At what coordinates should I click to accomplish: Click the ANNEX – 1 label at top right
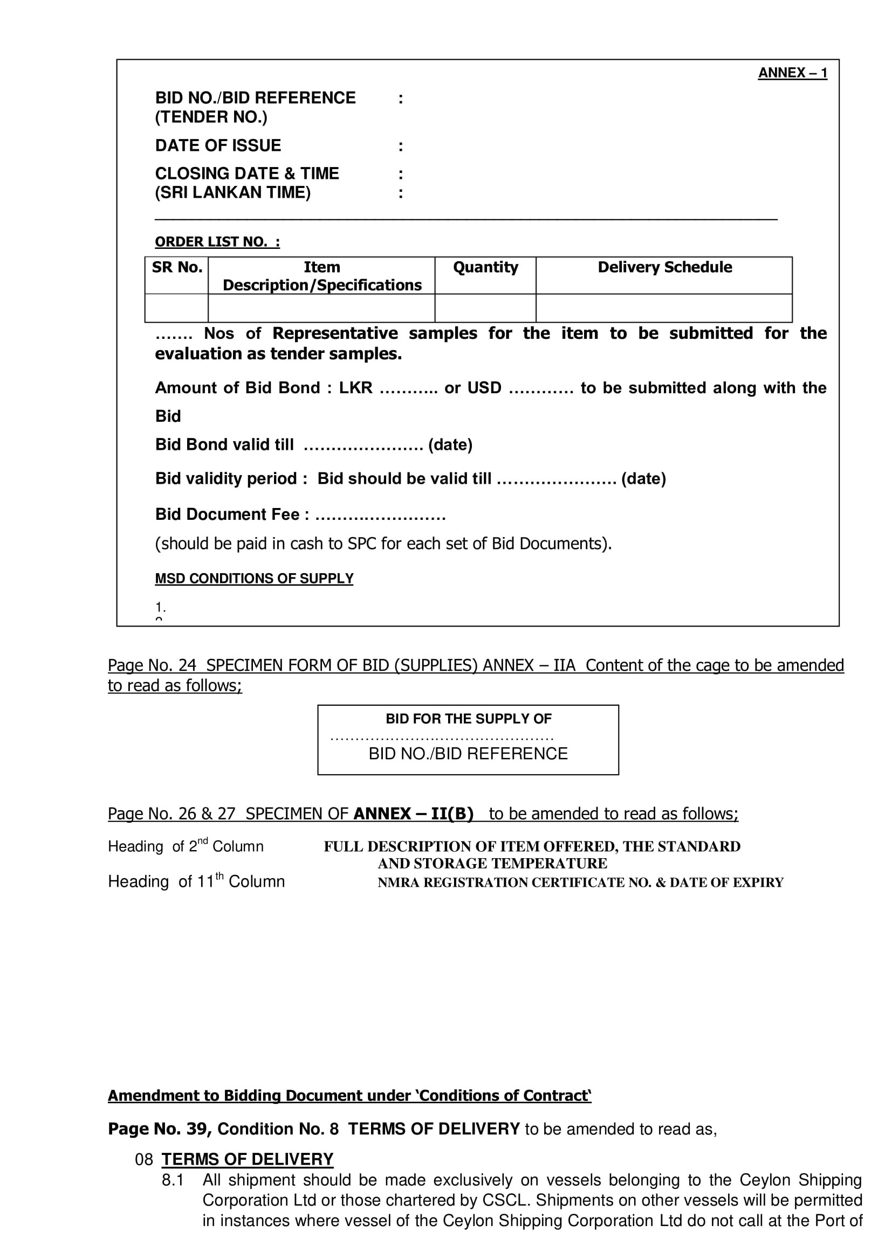792,73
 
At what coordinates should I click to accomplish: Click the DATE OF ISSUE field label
218,145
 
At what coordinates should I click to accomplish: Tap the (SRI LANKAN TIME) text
233,193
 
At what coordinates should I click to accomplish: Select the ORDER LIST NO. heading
217,242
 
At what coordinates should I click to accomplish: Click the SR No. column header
177,267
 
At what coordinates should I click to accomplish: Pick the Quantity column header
485,267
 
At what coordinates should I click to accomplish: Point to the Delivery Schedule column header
664,267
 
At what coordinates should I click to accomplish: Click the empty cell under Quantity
485,308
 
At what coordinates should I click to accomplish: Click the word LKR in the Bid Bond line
355,388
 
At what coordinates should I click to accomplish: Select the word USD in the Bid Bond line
484,388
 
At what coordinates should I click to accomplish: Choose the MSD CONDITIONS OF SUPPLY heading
254,579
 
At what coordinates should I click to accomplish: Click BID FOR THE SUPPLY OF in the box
468,719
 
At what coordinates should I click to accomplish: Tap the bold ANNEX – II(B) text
413,813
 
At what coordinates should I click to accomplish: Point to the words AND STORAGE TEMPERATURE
492,863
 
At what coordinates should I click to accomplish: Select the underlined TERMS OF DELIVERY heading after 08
247,1159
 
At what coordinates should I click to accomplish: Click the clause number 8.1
173,1180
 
